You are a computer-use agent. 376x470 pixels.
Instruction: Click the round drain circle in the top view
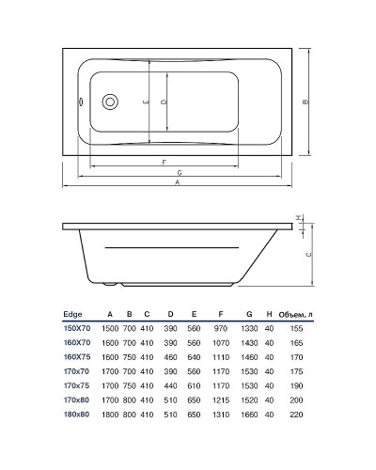click(109, 102)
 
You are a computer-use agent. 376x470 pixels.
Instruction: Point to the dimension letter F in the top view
click(164, 161)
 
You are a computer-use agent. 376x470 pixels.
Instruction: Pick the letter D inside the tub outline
click(164, 102)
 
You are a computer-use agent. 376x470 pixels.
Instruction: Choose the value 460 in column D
click(171, 359)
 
